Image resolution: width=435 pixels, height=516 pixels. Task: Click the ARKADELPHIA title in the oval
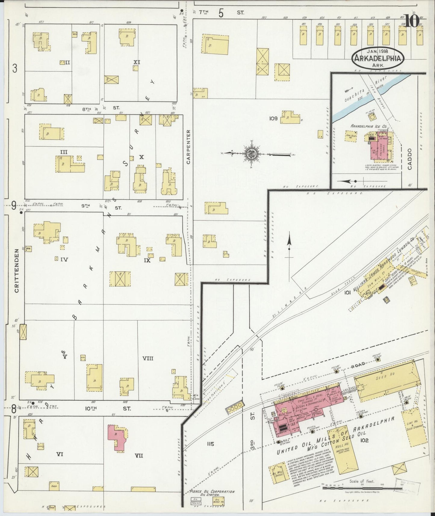tap(378, 58)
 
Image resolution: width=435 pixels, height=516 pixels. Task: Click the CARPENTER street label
tap(189, 147)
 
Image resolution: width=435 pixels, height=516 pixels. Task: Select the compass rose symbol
tap(252, 154)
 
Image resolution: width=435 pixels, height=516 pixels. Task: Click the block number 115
tap(210, 444)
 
